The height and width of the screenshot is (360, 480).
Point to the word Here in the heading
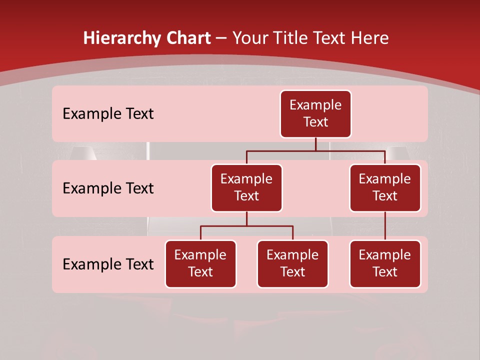(x=369, y=38)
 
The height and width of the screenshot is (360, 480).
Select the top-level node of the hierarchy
(x=315, y=114)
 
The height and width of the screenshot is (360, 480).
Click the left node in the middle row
(x=246, y=188)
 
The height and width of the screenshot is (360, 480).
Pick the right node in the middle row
(x=385, y=188)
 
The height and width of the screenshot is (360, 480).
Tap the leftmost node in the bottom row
(x=200, y=264)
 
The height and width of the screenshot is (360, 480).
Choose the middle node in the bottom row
(x=292, y=264)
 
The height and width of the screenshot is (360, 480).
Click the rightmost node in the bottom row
(x=385, y=264)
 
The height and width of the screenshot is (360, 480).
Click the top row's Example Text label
(x=108, y=114)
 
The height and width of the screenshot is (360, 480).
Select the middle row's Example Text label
(x=108, y=188)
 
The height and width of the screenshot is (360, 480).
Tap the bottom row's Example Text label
(x=108, y=264)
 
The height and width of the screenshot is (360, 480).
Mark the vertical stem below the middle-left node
(x=246, y=219)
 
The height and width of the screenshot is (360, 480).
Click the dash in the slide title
(x=221, y=38)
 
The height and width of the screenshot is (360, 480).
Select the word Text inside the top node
(x=315, y=122)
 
